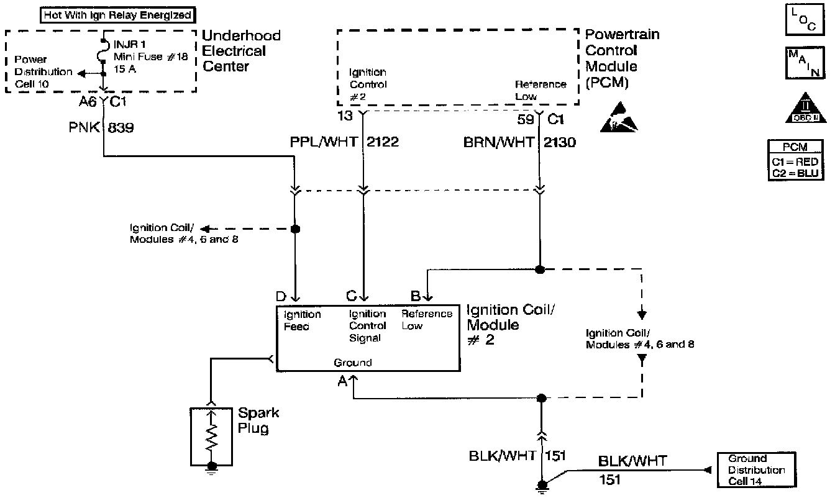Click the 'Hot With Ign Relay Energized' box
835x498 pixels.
click(x=117, y=14)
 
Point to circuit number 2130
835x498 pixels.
click(x=560, y=143)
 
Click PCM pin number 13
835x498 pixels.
click(x=345, y=115)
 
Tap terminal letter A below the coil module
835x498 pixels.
click(x=342, y=383)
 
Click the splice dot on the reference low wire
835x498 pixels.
click(x=540, y=269)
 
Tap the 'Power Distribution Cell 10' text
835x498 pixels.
click(x=42, y=72)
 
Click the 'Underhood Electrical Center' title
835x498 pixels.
click(x=242, y=51)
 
